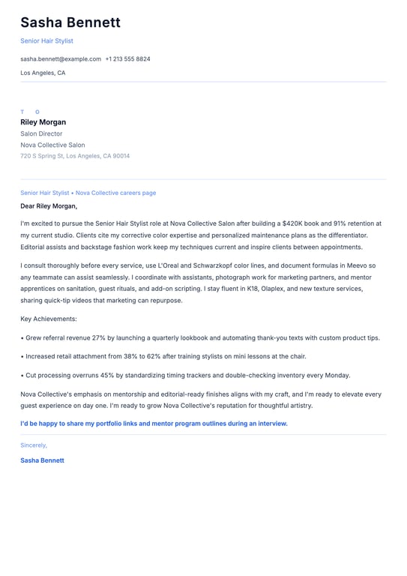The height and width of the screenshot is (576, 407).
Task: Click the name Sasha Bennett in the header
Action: [x=70, y=22]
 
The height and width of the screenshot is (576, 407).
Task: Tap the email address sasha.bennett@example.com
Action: [x=61, y=58]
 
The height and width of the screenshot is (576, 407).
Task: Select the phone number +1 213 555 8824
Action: [x=127, y=58]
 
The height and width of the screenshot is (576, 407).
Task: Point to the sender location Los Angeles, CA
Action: [x=43, y=73]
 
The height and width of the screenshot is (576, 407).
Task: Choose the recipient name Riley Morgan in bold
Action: [x=43, y=122]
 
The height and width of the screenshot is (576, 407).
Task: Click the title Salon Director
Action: [x=41, y=133]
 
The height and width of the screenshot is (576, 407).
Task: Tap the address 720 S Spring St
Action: [x=42, y=156]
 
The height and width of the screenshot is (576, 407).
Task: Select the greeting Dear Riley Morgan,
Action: [x=49, y=205]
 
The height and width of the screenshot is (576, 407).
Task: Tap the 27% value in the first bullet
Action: [x=99, y=338]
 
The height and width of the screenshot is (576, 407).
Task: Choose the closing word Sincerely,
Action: [x=34, y=445]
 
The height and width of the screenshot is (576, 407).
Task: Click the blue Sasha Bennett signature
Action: [x=42, y=460]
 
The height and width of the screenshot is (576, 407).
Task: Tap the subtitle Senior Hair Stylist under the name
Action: [x=46, y=40]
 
